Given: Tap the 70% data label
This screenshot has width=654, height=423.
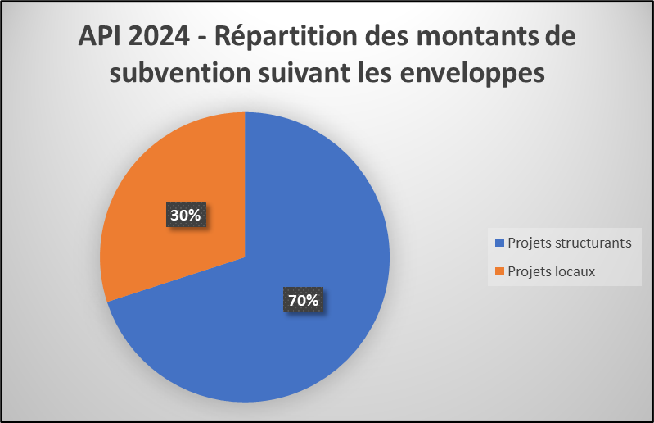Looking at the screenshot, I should [x=302, y=301].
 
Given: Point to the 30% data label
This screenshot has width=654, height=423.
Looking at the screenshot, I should [x=185, y=215].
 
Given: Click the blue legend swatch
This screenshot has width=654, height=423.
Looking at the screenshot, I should [x=500, y=243].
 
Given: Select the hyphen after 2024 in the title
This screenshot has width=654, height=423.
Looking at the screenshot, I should [x=205, y=39].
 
